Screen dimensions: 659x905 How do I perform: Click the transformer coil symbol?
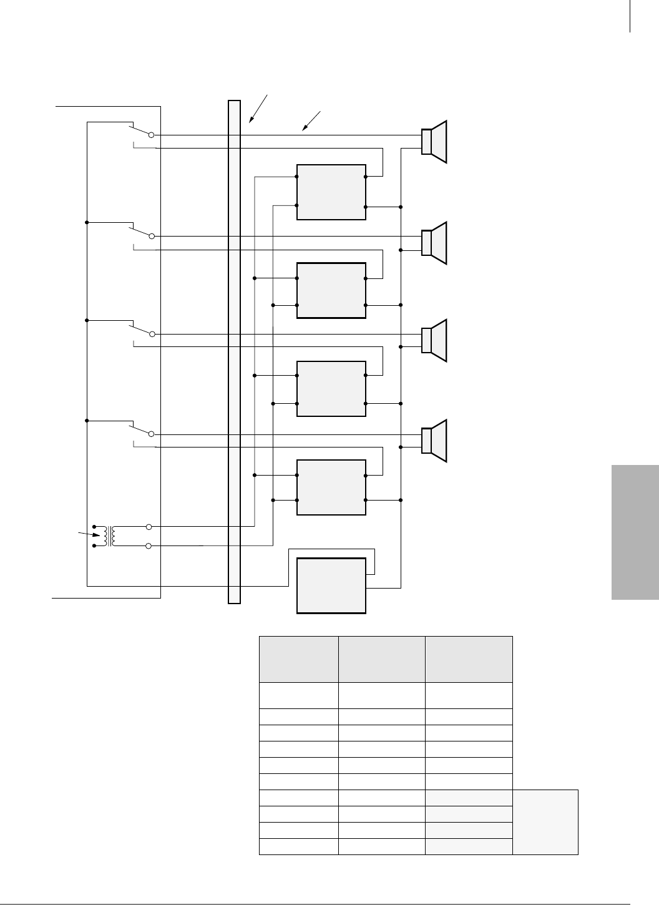click(109, 536)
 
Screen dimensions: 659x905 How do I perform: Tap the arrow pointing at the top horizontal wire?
click(311, 121)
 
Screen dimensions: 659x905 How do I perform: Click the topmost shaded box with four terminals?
click(331, 192)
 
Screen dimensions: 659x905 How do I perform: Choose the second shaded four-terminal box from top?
click(331, 291)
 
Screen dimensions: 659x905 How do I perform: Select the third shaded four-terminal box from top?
click(331, 389)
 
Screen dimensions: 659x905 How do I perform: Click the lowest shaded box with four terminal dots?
click(331, 487)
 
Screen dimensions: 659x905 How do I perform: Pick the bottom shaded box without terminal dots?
click(331, 586)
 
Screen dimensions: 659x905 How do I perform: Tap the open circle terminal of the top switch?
click(151, 134)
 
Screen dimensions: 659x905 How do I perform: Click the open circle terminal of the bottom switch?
click(151, 434)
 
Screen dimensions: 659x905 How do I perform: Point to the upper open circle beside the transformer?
click(149, 526)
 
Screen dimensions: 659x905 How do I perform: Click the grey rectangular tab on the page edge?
click(635, 532)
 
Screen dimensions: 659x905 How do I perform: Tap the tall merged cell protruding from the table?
click(545, 821)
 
